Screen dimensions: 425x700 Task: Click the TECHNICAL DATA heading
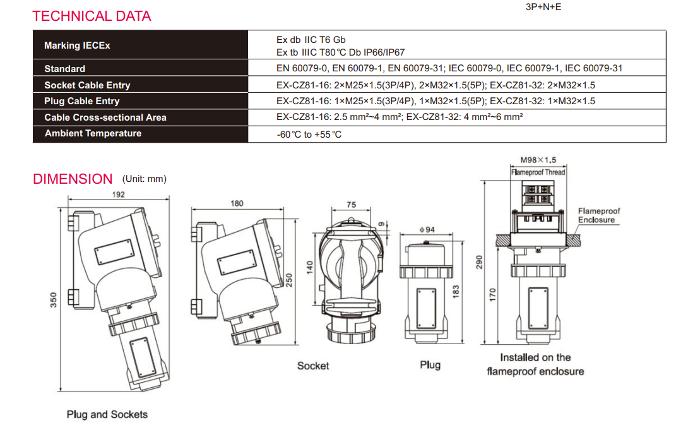coord(92,16)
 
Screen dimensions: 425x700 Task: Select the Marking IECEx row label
coord(77,45)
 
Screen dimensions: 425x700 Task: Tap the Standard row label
coord(64,69)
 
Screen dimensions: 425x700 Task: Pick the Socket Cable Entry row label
coord(87,85)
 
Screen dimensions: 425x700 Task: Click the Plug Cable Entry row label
coord(81,101)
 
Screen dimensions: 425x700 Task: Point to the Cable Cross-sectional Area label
coord(105,117)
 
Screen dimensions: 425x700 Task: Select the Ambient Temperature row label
coord(93,133)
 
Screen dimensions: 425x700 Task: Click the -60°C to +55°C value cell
coord(309,135)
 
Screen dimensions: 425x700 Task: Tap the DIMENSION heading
coord(73,179)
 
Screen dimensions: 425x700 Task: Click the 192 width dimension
coord(119,195)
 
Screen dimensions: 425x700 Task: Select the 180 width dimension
coord(237,203)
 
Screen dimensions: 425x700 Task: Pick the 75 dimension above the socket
coord(352,205)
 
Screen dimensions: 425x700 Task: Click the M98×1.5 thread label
coord(538,160)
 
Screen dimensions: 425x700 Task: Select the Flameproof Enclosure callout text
coord(599,215)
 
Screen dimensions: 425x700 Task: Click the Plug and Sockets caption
coord(107,414)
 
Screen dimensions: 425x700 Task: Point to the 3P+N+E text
coord(543,8)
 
